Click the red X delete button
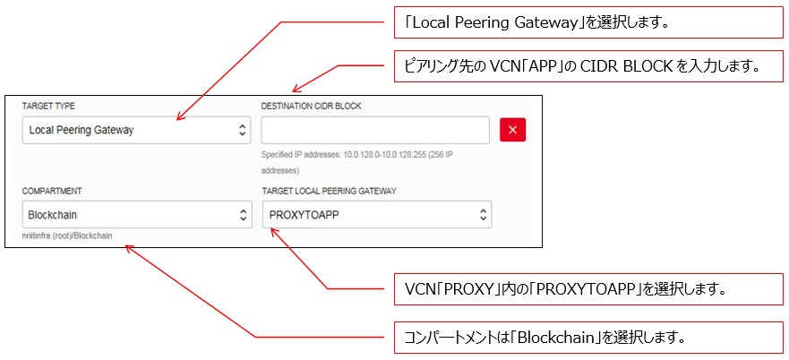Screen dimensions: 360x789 click(512, 130)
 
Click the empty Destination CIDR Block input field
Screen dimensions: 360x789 click(375, 130)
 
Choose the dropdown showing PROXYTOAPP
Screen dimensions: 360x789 click(377, 215)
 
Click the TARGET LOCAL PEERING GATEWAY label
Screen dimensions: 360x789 click(329, 191)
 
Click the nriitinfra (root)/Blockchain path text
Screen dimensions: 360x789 click(73, 236)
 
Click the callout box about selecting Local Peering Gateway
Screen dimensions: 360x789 click(588, 22)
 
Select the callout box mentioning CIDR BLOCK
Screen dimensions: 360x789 click(588, 65)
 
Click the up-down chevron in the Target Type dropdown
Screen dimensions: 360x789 click(243, 130)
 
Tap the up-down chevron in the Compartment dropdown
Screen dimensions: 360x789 click(243, 215)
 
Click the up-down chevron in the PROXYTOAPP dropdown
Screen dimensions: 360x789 click(483, 215)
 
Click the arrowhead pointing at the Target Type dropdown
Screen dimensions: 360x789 click(180, 116)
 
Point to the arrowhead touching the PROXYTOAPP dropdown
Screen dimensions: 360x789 click(274, 231)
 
